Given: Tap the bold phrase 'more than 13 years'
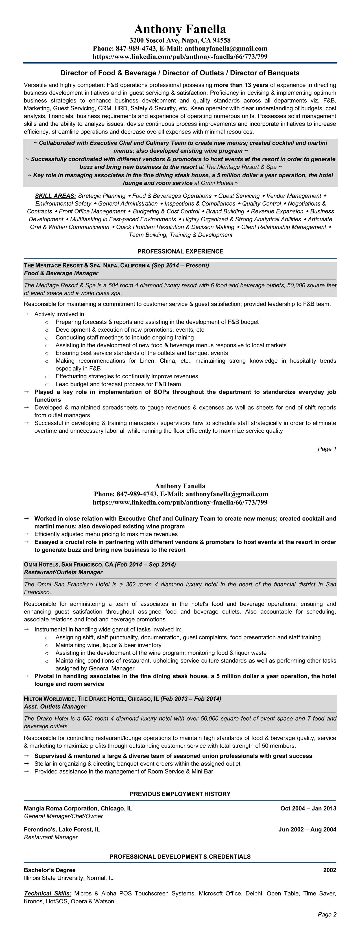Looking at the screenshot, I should point(241,85).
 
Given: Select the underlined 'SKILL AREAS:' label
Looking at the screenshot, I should point(55,196).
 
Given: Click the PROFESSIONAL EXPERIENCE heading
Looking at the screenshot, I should point(180,251).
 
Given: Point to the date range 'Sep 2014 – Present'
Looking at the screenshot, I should point(180,266).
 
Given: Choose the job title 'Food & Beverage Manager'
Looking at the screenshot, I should point(61,273).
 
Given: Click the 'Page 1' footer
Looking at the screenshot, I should point(327,449).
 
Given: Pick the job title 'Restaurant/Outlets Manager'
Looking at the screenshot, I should point(63,572).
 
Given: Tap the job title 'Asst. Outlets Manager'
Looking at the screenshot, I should point(55,707).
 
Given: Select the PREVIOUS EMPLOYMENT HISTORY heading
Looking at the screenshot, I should point(180,794).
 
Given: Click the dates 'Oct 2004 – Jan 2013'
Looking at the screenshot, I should point(308,808).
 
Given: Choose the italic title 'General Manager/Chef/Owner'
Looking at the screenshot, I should point(63,816).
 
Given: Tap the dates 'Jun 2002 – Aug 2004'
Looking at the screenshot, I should point(307,829).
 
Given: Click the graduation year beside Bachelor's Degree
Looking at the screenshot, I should point(329,870).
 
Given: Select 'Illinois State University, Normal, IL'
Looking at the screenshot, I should point(69,878).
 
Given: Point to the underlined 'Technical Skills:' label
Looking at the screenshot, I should point(48,893).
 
